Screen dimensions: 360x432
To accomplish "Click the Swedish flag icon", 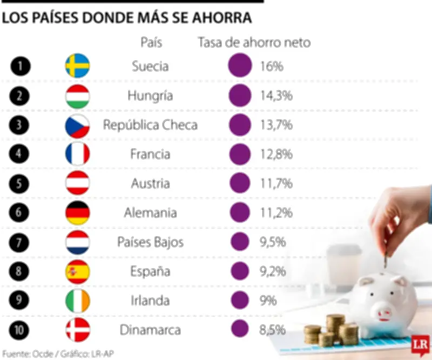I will point(77,66).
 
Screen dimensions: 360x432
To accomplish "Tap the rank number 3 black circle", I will point(20,125).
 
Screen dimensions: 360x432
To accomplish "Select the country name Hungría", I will point(150,96).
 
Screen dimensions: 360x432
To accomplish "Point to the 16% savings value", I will point(271,66).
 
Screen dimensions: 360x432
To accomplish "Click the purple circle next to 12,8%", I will point(240,154).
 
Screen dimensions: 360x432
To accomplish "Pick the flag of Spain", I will point(77,271).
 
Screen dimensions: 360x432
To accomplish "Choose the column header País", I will point(151,42).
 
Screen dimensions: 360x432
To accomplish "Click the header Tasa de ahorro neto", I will point(254,42).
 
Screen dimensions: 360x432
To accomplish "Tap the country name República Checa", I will point(150,125).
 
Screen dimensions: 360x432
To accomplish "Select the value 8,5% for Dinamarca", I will point(272,329).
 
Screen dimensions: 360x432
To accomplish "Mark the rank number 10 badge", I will point(20,329).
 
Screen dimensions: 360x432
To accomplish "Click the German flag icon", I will point(77,212).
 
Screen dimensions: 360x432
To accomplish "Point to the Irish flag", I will point(77,301).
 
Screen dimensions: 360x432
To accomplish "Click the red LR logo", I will point(419,344).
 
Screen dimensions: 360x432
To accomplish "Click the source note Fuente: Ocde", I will point(24,354).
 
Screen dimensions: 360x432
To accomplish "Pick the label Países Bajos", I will point(150,242).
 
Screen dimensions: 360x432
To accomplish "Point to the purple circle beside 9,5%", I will point(240,242).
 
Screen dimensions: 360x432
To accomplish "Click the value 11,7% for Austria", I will point(275,183).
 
